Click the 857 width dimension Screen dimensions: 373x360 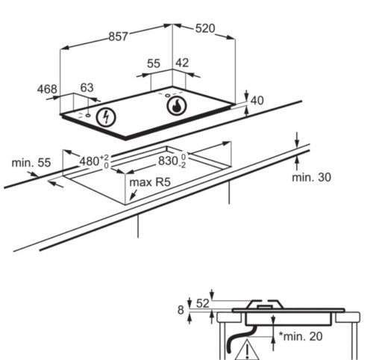point(119,37)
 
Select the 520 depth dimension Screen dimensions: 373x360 point(205,28)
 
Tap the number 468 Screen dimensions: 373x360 point(47,89)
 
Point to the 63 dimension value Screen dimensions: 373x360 point(87,87)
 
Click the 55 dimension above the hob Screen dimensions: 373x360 point(154,63)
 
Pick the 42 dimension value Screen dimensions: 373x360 point(182,63)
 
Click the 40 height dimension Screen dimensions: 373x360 point(257,101)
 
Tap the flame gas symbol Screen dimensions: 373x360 point(176,105)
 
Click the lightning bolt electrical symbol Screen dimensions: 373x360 point(106,117)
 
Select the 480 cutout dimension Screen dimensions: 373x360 point(94,161)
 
